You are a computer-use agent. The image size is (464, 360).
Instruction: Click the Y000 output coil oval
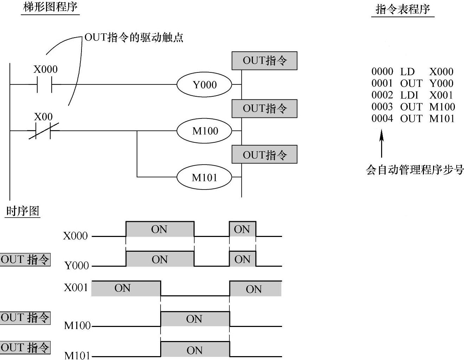tap(204, 85)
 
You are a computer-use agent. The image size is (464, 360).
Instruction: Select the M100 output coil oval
tap(204, 131)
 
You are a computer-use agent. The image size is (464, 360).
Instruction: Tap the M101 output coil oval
tap(204, 178)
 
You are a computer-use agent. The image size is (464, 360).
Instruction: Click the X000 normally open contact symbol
tap(44, 85)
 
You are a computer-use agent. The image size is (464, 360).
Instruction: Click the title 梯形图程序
tap(50, 7)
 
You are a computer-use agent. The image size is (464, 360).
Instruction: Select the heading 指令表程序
tap(403, 9)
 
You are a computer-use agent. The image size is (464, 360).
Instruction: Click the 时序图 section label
tap(22, 211)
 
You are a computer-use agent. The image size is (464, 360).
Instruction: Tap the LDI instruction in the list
tap(409, 95)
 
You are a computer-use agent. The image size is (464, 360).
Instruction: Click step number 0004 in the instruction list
tap(382, 118)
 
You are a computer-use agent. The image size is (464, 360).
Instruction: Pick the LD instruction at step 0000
tap(407, 72)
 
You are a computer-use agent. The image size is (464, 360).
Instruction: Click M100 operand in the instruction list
tap(442, 107)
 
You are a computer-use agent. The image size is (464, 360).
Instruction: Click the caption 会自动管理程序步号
tap(414, 170)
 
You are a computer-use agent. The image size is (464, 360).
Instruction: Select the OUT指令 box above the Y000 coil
tap(264, 61)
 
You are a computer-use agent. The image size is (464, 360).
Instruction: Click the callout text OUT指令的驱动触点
tap(134, 37)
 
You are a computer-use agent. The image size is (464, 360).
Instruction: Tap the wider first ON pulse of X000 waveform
tap(159, 229)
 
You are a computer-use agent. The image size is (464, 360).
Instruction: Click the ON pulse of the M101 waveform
tap(195, 349)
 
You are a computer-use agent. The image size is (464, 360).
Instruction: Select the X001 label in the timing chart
tap(76, 288)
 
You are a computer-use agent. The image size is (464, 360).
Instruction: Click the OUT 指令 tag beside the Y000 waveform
tap(25, 259)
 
